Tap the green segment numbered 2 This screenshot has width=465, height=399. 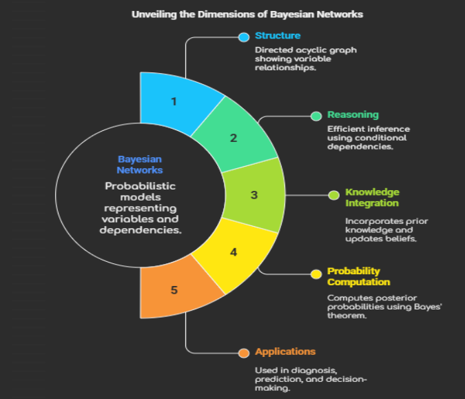pyautogui.click(x=233, y=137)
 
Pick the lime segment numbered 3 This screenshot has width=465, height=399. pyautogui.click(x=254, y=195)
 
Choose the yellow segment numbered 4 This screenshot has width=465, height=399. pyautogui.click(x=233, y=252)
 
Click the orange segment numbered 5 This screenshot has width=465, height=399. pyautogui.click(x=174, y=289)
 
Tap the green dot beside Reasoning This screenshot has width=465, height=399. pyautogui.click(x=316, y=116)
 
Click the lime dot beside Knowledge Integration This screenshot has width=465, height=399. pyautogui.click(x=333, y=195)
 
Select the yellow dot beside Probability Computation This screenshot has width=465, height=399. pyautogui.click(x=316, y=274)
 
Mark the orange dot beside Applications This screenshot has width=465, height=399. pyautogui.click(x=243, y=353)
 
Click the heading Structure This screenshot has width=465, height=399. pyautogui.click(x=278, y=35)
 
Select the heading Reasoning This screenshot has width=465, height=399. pyautogui.click(x=353, y=115)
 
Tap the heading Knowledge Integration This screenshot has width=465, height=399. pyautogui.click(x=372, y=198)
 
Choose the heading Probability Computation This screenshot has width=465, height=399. pyautogui.click(x=358, y=276)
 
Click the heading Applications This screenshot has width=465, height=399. pyautogui.click(x=285, y=351)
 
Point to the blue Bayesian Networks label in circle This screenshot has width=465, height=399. pyautogui.click(x=140, y=164)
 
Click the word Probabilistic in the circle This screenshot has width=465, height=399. pyautogui.click(x=141, y=186)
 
